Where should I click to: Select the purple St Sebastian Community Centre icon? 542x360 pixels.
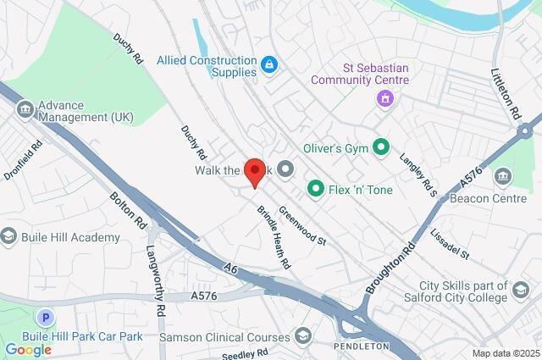[385, 99]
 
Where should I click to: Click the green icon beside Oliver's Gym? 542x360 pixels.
[381, 148]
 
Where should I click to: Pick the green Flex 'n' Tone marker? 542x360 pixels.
[316, 189]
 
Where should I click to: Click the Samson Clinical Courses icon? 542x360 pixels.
[301, 337]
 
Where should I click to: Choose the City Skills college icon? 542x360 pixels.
[520, 292]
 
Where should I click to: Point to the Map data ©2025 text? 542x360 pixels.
[505, 353]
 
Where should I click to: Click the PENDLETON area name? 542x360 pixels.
[362, 346]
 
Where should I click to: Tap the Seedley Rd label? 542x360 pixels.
[245, 352]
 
